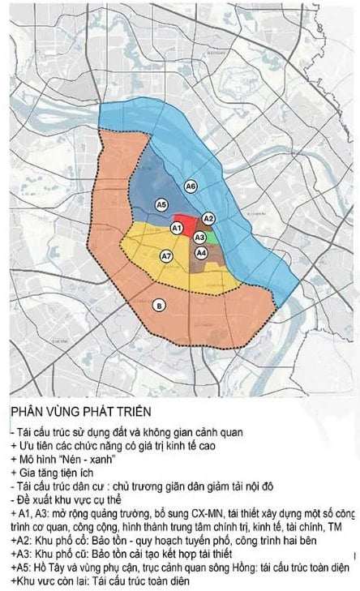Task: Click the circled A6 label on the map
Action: click(191, 186)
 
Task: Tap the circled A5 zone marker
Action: click(162, 204)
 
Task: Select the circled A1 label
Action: click(176, 229)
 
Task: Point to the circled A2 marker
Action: click(208, 219)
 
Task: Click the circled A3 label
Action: click(199, 237)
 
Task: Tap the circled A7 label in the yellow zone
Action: click(166, 256)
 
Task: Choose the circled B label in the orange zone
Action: click(159, 305)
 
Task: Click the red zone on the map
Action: click(187, 224)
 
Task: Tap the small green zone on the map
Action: click(210, 238)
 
